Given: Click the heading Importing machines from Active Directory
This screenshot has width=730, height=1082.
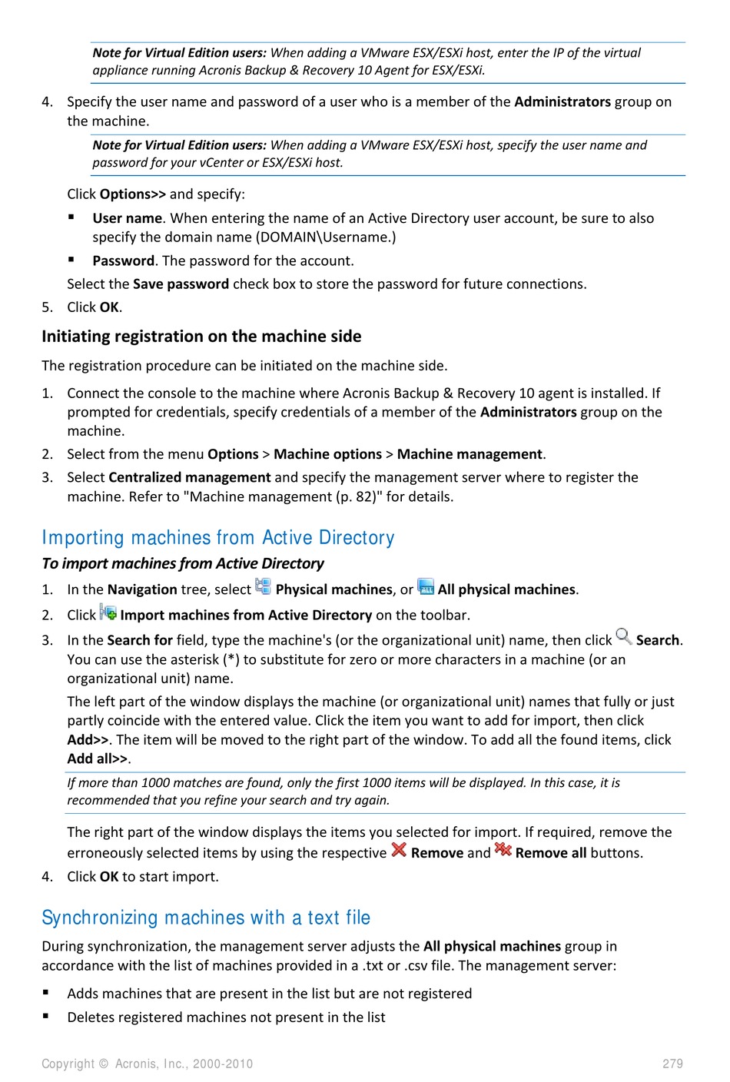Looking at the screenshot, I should [218, 537].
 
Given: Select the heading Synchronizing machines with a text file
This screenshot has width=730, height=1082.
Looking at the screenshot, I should [206, 918].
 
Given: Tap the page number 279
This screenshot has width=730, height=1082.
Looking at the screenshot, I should [672, 1064].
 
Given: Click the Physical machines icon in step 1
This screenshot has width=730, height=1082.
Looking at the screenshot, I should [263, 587].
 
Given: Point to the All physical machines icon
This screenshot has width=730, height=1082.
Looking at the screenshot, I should [426, 587].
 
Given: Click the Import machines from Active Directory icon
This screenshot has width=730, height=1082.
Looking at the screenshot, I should [108, 612].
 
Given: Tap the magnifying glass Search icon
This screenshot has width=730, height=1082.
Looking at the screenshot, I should [624, 637].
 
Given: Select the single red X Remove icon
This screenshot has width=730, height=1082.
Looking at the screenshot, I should [399, 850].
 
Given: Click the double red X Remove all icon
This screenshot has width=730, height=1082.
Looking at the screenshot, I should [503, 850].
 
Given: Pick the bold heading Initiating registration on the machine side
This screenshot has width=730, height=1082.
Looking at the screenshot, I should [201, 337].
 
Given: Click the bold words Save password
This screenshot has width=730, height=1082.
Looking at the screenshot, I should [181, 284].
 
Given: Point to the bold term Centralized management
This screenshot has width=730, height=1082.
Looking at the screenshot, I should [190, 477].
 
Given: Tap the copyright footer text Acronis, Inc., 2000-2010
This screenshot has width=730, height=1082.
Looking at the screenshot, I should [147, 1064].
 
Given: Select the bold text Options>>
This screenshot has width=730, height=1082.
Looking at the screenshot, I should [133, 194].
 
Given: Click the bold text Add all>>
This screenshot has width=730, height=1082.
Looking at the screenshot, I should [98, 759].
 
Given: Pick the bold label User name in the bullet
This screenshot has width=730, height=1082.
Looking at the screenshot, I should [127, 218].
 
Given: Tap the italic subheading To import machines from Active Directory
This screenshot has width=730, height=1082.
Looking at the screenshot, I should [183, 564].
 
